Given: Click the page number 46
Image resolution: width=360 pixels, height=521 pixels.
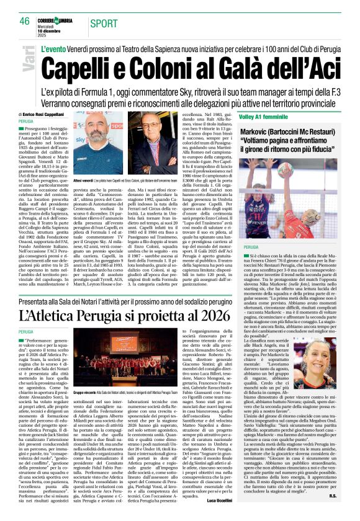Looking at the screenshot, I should (x=24, y=21).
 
